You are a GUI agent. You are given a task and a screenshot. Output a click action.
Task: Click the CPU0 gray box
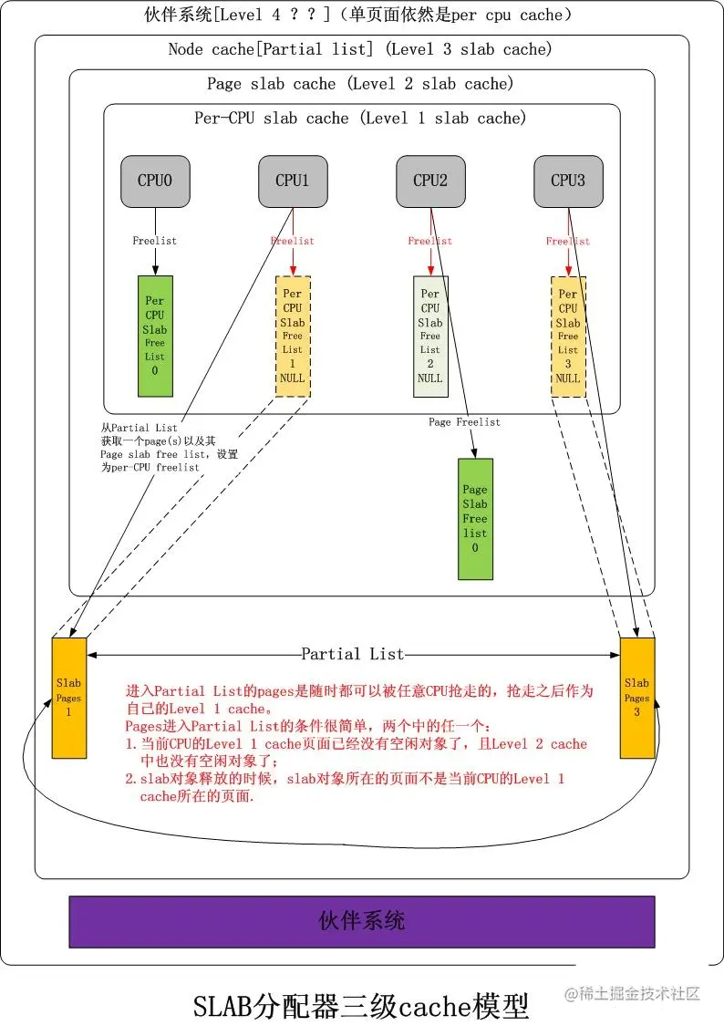point(155,180)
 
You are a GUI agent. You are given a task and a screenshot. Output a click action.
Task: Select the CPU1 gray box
point(292,180)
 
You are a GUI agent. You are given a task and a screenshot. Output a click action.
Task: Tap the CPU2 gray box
point(430,180)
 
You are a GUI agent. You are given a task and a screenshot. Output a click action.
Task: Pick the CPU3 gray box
point(567,180)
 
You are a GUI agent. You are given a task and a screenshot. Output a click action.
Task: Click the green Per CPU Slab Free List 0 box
point(155,336)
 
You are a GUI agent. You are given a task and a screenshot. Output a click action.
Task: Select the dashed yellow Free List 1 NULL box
point(292,337)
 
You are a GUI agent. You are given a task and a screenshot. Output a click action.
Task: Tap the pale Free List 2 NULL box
point(430,337)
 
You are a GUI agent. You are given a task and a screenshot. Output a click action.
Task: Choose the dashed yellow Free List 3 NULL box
point(567,337)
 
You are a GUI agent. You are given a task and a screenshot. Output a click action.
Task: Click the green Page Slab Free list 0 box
point(475,519)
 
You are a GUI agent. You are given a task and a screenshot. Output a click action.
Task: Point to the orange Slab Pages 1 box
point(69,698)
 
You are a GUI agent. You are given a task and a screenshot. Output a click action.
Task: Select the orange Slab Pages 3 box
point(636,698)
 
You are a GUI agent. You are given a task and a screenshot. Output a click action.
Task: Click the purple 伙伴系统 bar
point(362,921)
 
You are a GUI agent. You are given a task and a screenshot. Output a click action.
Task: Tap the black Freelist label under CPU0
point(155,241)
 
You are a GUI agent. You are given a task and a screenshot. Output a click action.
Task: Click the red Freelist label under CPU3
point(567,241)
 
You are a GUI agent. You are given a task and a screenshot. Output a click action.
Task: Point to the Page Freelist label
point(464,422)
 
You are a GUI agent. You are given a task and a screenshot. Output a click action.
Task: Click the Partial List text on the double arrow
point(353,654)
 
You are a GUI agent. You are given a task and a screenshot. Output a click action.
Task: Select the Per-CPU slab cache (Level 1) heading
point(360,119)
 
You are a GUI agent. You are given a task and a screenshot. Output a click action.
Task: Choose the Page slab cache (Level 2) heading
point(360,84)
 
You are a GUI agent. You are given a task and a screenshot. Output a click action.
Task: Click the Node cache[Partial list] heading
point(360,49)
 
